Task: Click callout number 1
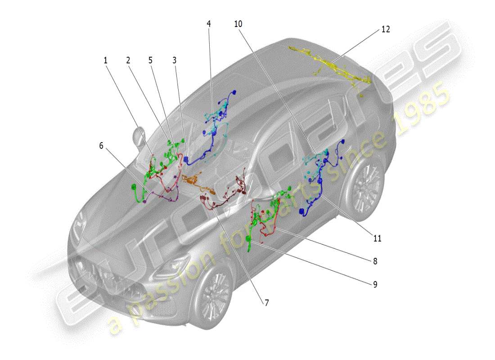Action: [106, 60]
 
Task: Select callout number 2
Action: [128, 60]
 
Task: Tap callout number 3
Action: [174, 60]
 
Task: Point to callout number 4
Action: [209, 24]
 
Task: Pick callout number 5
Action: [150, 60]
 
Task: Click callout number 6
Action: [101, 145]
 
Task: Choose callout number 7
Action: [266, 303]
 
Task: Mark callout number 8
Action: [374, 261]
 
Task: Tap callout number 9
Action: [374, 284]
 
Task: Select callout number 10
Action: [238, 24]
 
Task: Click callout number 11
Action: [377, 238]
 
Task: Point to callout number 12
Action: [386, 29]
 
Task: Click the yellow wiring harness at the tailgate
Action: [333, 63]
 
